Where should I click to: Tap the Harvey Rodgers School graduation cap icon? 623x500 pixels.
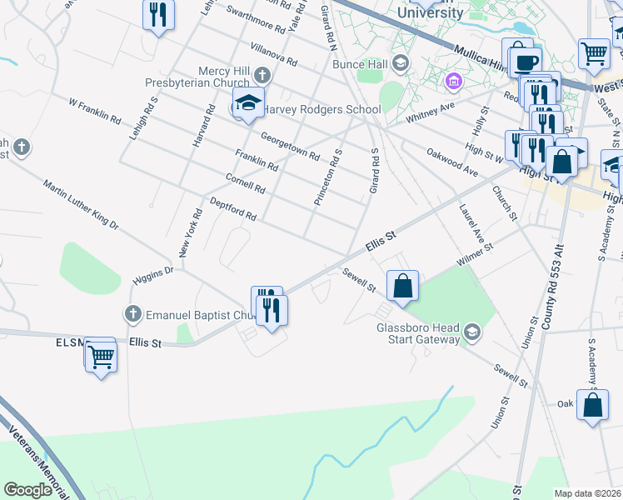[x=247, y=103]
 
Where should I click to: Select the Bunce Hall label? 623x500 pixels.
[x=361, y=63]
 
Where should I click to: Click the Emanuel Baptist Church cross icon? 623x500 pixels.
[x=132, y=314]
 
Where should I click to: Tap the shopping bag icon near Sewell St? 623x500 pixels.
[x=402, y=286]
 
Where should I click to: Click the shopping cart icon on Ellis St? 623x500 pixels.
[x=101, y=357]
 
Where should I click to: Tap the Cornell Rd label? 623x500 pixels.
[x=245, y=183]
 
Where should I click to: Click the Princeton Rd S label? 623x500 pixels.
[x=328, y=177]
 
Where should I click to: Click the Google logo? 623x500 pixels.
[x=28, y=489]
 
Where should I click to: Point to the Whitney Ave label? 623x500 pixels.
[x=431, y=112]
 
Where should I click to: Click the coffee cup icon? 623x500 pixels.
[x=525, y=62]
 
